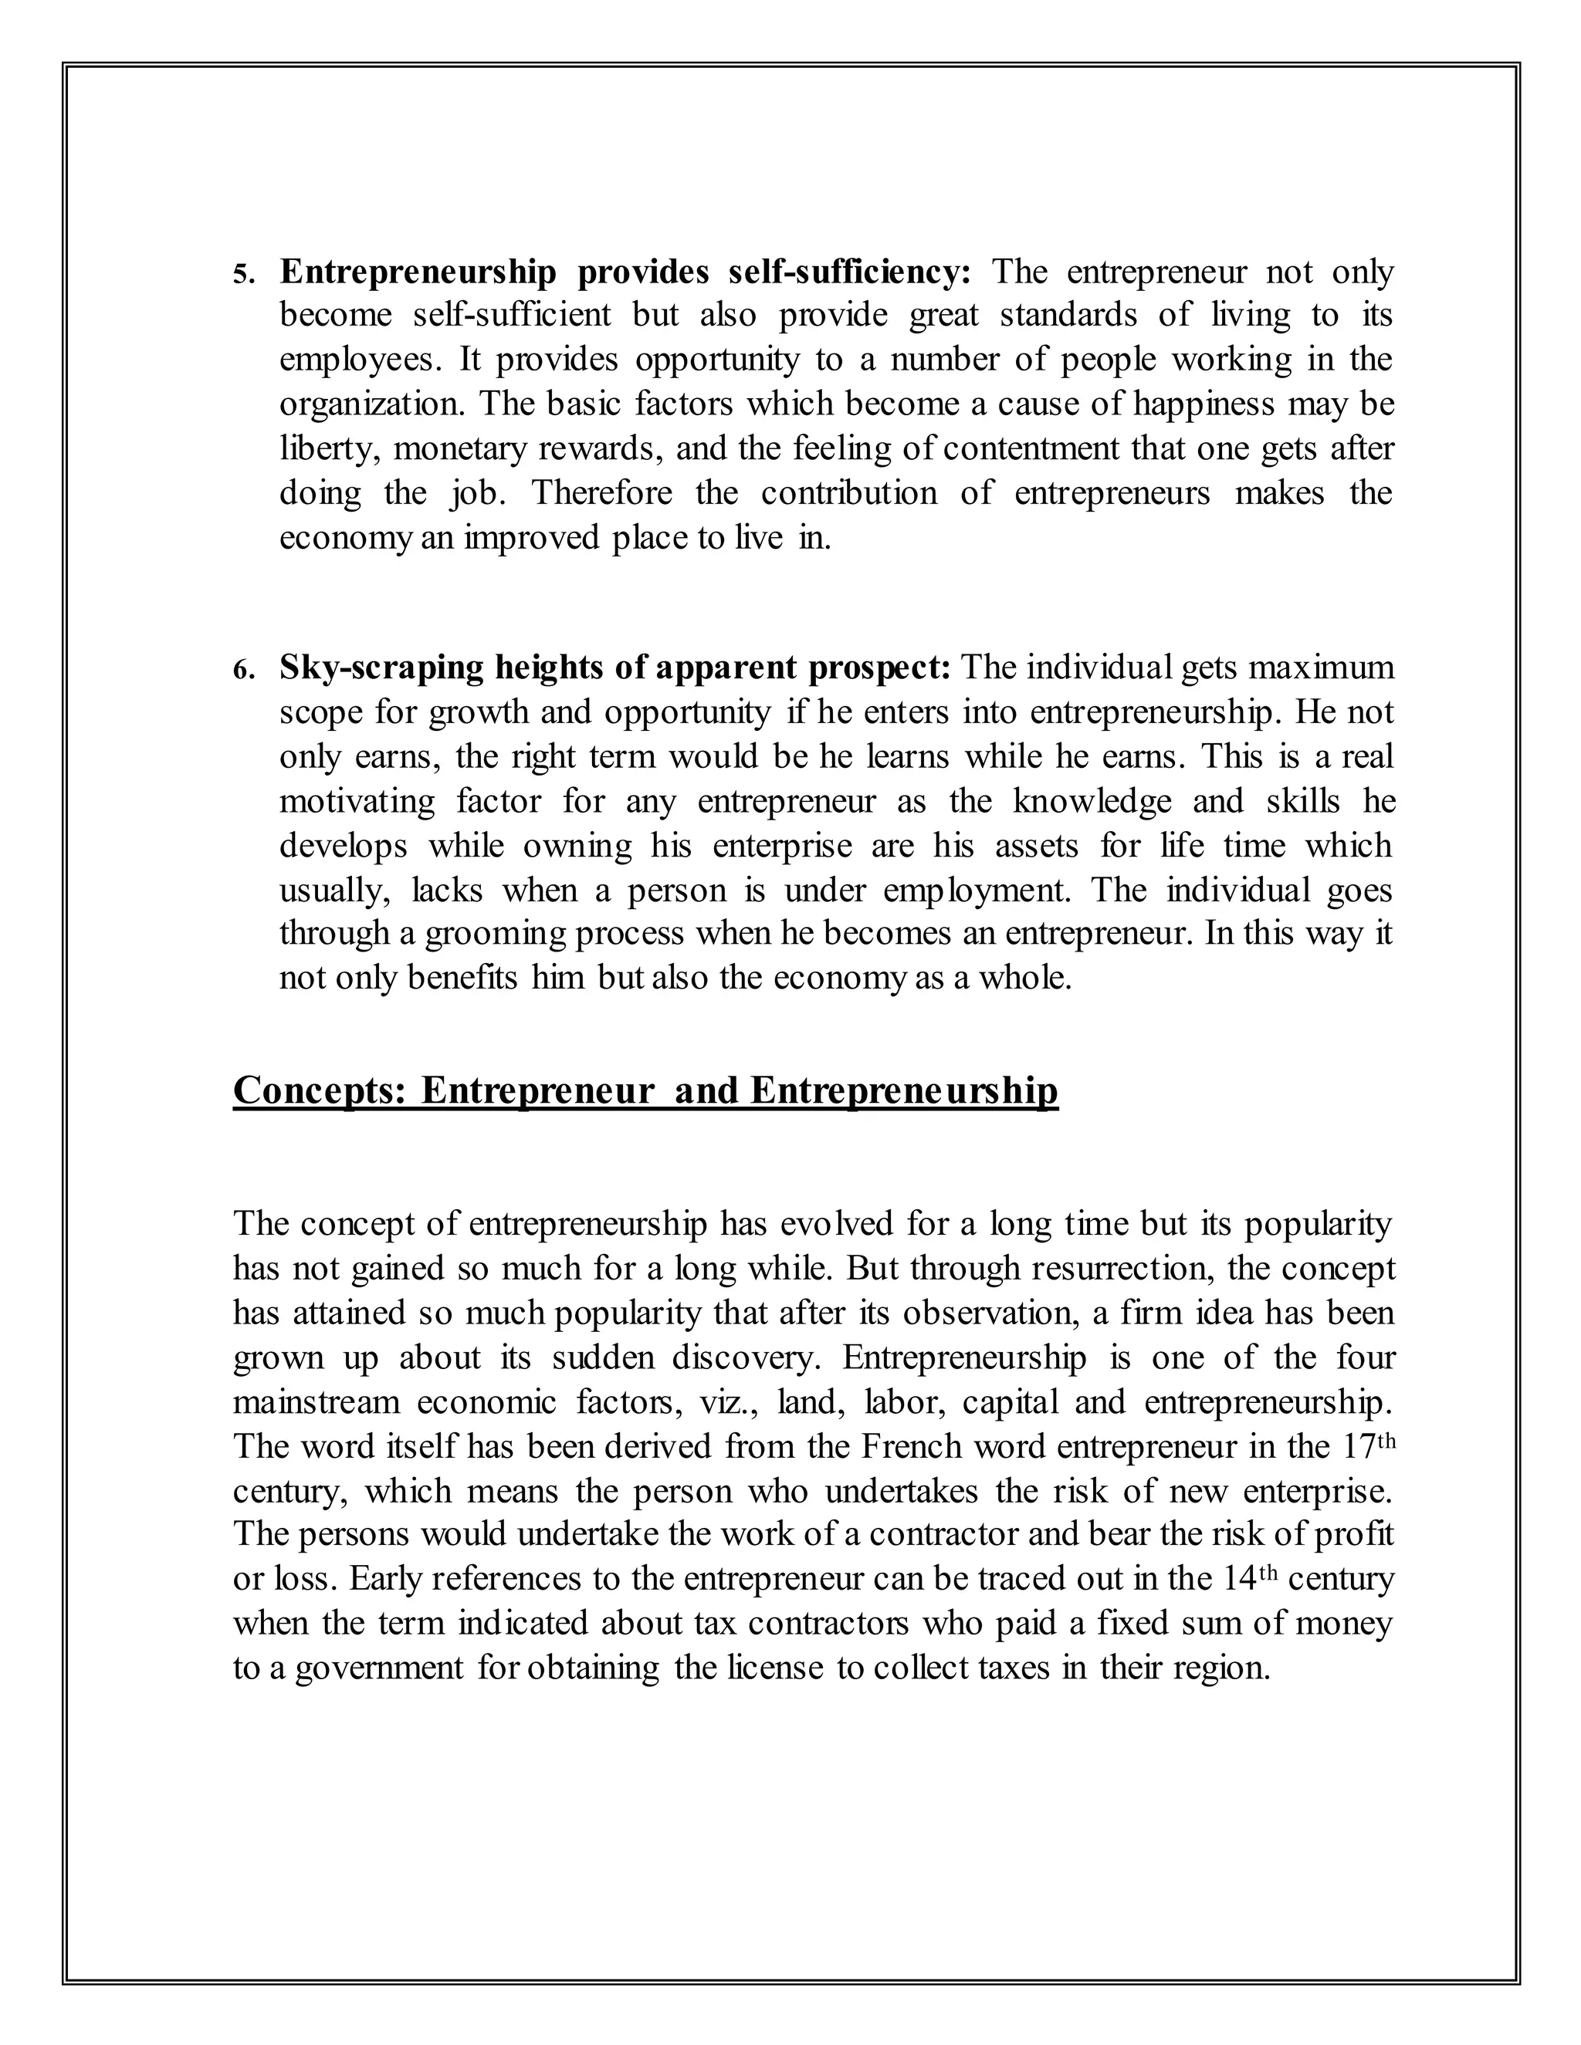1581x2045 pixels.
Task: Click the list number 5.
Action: [x=242, y=275]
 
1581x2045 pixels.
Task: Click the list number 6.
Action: [x=242, y=671]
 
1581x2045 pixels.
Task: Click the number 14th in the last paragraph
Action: [x=1251, y=1579]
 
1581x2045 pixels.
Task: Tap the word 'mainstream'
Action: [x=313, y=1401]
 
